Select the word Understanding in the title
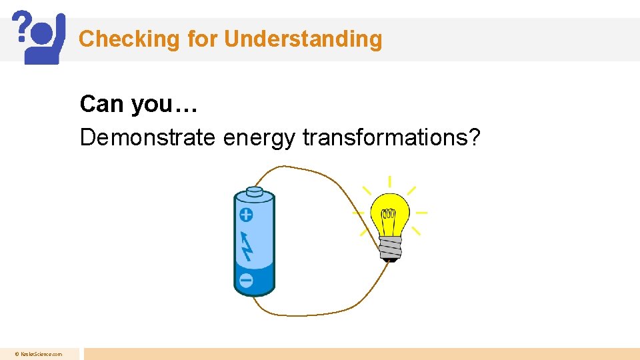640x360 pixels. click(303, 39)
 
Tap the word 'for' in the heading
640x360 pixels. click(202, 39)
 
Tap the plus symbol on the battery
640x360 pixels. click(246, 215)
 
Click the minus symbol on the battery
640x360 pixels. click(246, 281)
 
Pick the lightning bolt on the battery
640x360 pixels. click(247, 246)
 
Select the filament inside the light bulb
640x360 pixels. click(389, 215)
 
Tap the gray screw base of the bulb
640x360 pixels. click(390, 247)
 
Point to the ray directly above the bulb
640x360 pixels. click(389, 182)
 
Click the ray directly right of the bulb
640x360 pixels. click(421, 213)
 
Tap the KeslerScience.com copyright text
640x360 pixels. click(39, 355)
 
